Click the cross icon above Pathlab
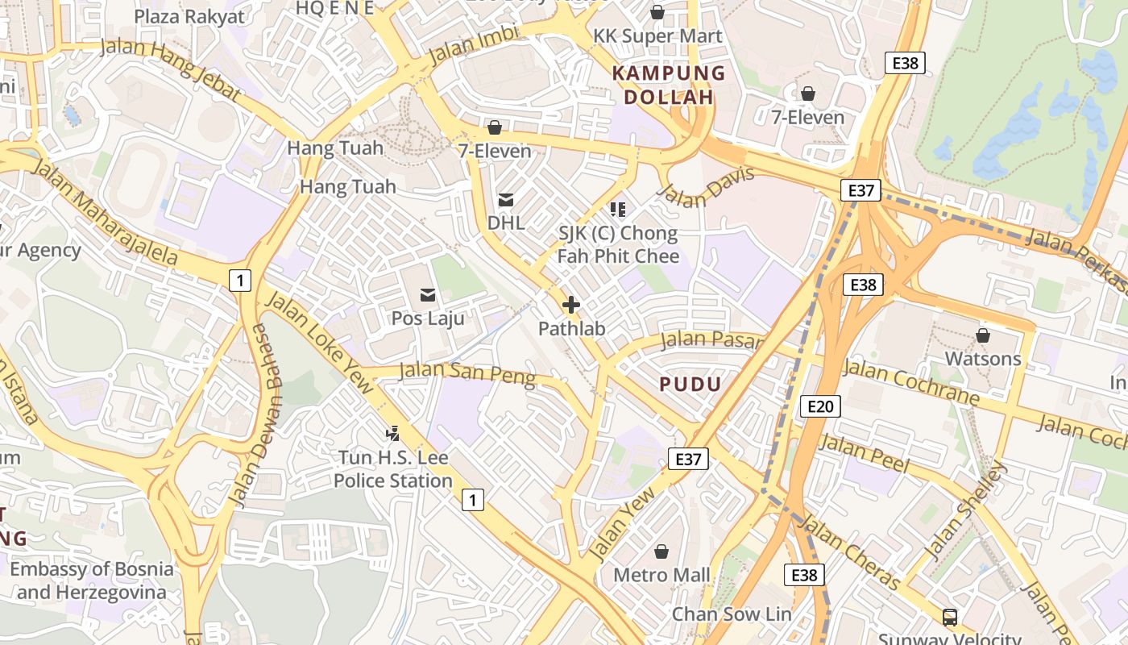(x=571, y=305)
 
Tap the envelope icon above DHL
(x=506, y=200)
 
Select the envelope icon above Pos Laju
(x=428, y=295)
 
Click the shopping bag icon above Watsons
(x=982, y=335)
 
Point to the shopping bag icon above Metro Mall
(x=661, y=551)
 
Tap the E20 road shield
(x=820, y=406)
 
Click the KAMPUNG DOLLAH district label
(x=669, y=85)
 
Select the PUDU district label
(x=690, y=384)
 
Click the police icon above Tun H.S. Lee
(x=393, y=434)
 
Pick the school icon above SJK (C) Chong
(x=618, y=210)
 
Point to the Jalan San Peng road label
(x=467, y=374)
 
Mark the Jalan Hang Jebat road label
(x=171, y=68)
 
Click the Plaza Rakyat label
(x=189, y=16)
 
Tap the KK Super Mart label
(x=657, y=36)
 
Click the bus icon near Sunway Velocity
(x=950, y=618)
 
